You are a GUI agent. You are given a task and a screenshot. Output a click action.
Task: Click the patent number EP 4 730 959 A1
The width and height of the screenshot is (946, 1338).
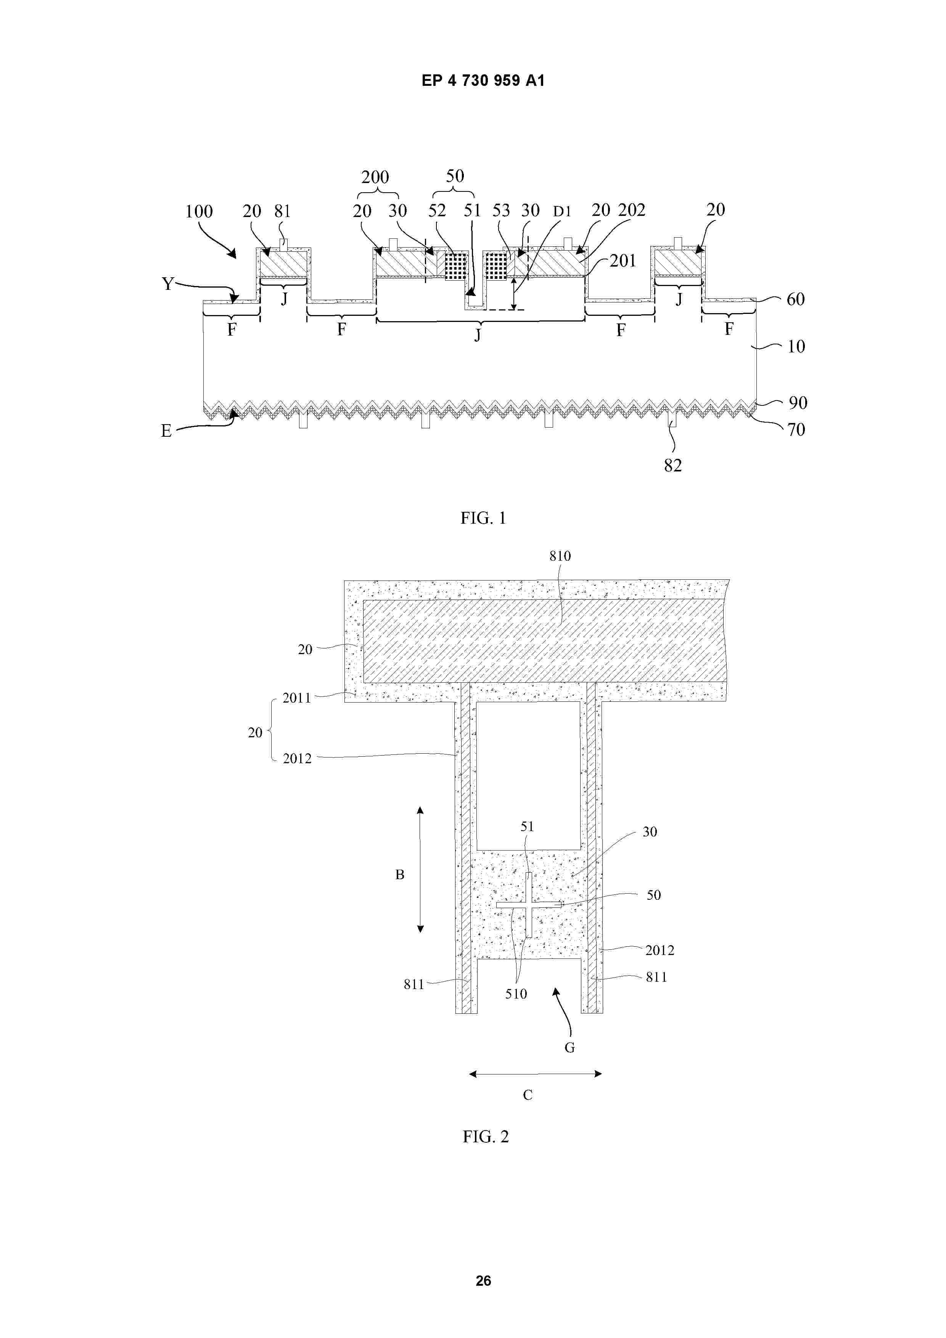pyautogui.click(x=483, y=80)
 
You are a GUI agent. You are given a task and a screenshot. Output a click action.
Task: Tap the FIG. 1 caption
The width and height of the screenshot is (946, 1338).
pyautogui.click(x=483, y=518)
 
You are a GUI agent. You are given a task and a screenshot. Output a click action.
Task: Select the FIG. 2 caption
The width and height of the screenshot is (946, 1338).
pyautogui.click(x=486, y=1136)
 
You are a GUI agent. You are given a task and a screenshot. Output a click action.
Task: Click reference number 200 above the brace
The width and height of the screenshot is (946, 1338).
pyautogui.click(x=375, y=177)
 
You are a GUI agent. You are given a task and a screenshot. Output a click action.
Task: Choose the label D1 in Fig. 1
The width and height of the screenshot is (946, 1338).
pyautogui.click(x=562, y=212)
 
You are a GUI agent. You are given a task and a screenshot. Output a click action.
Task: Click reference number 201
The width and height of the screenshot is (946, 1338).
pyautogui.click(x=623, y=261)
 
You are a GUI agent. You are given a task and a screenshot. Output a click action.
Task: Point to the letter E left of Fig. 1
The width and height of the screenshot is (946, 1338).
pyautogui.click(x=166, y=431)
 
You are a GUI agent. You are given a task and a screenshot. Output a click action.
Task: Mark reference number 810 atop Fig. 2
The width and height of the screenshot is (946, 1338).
pyautogui.click(x=560, y=556)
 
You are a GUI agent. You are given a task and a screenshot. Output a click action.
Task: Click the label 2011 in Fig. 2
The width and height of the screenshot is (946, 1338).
pyautogui.click(x=297, y=698)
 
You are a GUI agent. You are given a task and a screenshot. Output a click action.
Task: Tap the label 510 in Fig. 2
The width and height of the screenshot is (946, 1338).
pyautogui.click(x=516, y=994)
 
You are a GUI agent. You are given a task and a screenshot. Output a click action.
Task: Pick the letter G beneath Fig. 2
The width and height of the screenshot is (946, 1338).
pyautogui.click(x=570, y=1048)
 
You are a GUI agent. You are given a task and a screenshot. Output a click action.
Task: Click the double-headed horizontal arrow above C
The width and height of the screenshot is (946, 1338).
pyautogui.click(x=536, y=1073)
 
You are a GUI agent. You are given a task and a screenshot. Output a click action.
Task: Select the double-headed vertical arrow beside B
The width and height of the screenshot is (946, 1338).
pyautogui.click(x=420, y=870)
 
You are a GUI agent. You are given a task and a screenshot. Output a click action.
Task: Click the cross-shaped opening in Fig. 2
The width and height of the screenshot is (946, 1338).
pyautogui.click(x=529, y=905)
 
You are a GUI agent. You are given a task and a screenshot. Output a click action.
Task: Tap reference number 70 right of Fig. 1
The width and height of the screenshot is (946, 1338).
pyautogui.click(x=796, y=430)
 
